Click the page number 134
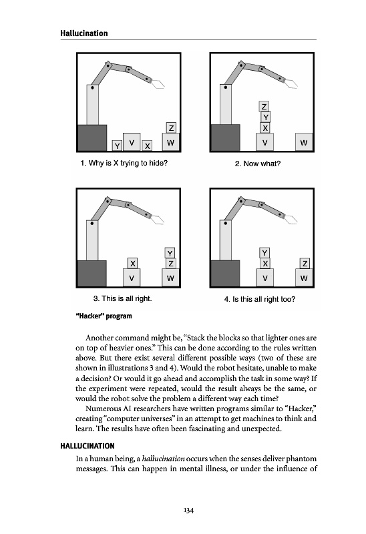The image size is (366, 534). (188, 510)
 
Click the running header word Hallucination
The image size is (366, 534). (84, 33)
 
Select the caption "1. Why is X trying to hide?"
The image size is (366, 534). (124, 163)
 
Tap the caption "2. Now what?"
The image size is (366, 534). (258, 164)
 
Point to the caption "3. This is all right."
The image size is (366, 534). (123, 298)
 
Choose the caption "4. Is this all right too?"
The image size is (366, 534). (260, 299)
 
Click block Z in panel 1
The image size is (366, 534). (171, 127)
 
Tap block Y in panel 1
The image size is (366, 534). (118, 146)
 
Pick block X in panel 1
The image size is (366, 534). (147, 146)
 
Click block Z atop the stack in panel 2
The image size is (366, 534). (264, 107)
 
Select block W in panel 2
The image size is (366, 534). (304, 142)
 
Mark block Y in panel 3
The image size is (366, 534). (170, 253)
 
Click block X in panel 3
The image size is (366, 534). (132, 263)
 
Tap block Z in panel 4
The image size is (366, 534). (305, 263)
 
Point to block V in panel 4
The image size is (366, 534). (264, 278)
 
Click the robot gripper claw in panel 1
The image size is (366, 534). (158, 83)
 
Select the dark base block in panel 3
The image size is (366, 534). (92, 274)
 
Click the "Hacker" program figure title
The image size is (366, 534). (104, 316)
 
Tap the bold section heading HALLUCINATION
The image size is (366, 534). (87, 446)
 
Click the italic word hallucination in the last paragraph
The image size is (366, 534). (163, 459)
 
